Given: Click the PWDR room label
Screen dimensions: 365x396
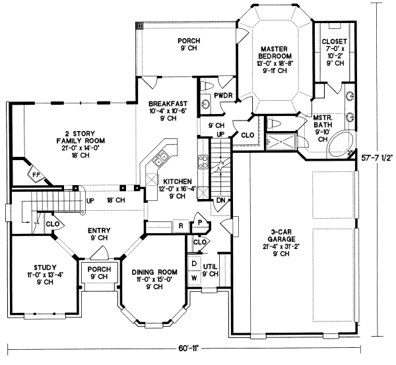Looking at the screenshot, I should (220, 96).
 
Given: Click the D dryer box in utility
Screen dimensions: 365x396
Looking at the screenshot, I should (194, 264).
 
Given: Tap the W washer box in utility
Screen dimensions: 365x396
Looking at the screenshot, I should (194, 277).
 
